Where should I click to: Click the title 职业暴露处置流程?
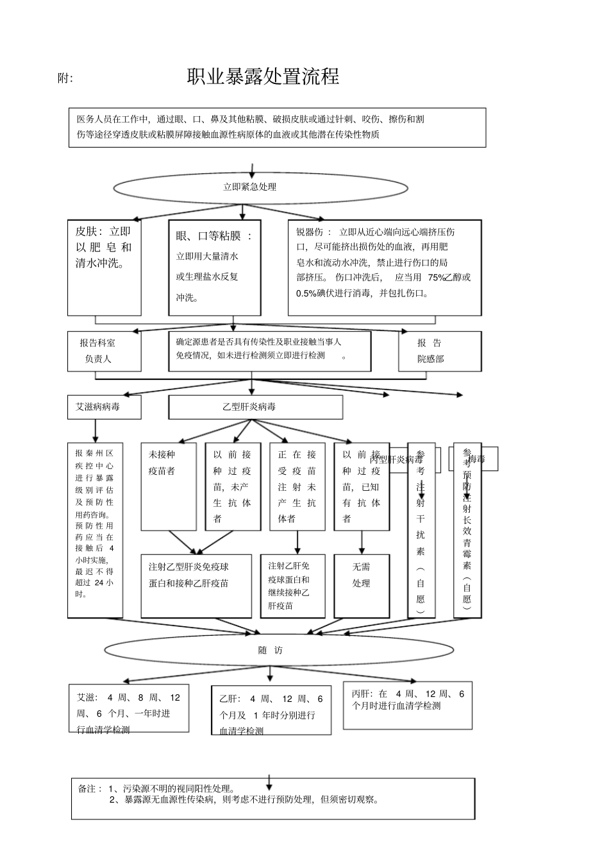click(x=263, y=77)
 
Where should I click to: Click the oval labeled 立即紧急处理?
click(x=260, y=187)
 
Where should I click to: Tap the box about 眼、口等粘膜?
click(x=215, y=268)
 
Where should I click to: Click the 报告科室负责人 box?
click(x=104, y=351)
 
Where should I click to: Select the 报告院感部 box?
click(x=439, y=351)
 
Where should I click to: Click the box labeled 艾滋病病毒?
click(x=104, y=407)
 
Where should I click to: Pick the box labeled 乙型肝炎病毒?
click(x=255, y=407)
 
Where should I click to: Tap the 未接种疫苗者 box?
click(x=168, y=486)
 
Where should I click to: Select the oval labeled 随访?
click(x=271, y=650)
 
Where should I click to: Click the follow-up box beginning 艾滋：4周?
click(x=129, y=708)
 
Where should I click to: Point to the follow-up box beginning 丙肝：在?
click(x=408, y=705)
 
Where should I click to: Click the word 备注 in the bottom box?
click(x=87, y=789)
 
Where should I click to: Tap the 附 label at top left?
click(x=65, y=78)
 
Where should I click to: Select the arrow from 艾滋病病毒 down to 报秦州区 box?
click(x=96, y=430)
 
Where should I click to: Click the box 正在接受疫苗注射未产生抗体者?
click(x=297, y=486)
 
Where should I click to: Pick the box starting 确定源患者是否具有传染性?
click(x=269, y=351)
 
